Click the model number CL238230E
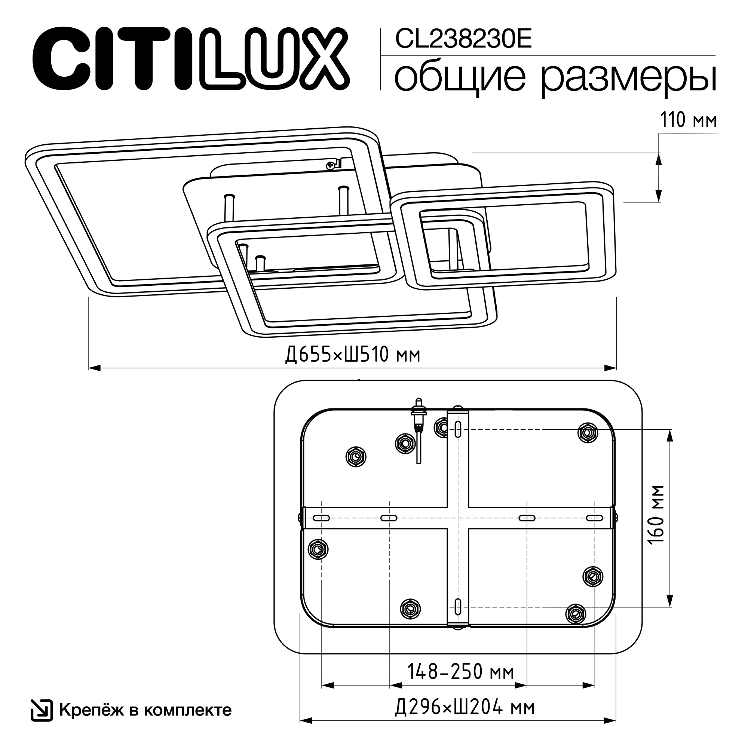coord(463,39)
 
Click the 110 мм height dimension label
coord(689,120)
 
